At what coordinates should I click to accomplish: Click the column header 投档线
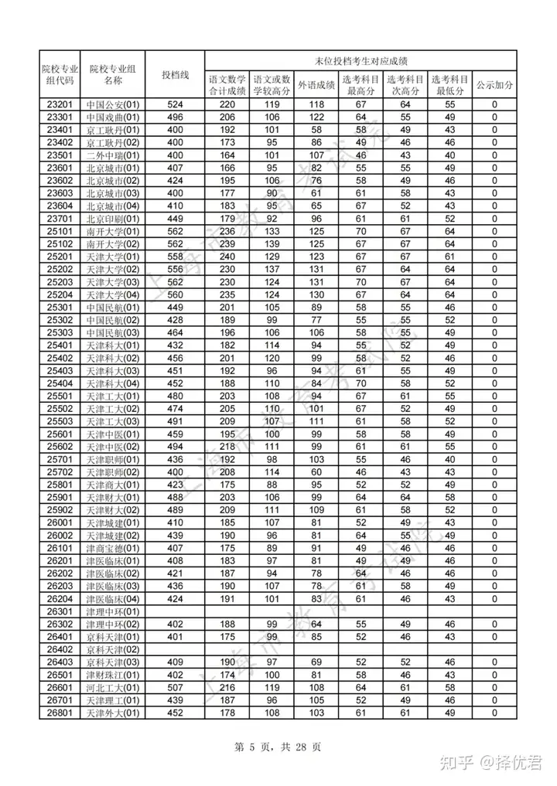click(176, 74)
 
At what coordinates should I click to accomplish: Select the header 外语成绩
click(316, 85)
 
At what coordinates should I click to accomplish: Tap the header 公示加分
click(494, 85)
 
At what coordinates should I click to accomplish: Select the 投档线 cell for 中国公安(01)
click(176, 104)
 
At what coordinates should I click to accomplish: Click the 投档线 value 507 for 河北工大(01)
click(176, 686)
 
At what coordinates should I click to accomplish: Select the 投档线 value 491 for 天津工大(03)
click(176, 420)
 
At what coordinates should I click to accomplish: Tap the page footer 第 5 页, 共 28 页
click(278, 747)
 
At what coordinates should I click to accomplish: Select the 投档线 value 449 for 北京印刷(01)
click(176, 218)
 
